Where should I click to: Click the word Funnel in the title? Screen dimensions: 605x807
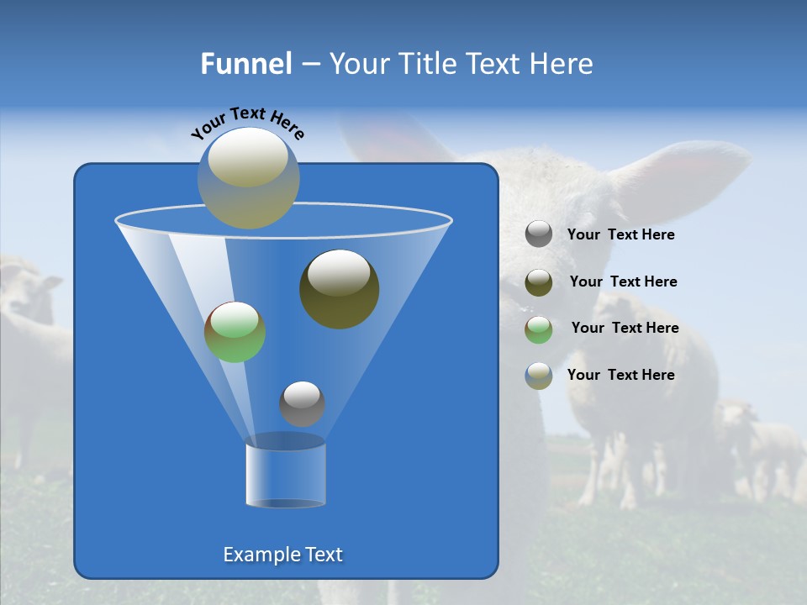[x=245, y=64]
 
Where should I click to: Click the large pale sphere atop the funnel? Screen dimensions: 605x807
[x=248, y=178]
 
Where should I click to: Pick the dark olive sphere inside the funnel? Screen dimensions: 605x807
[x=340, y=289]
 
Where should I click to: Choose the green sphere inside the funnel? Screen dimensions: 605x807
[x=235, y=332]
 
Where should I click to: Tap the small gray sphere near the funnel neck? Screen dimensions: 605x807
[x=302, y=403]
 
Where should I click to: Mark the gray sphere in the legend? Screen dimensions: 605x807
[x=539, y=234]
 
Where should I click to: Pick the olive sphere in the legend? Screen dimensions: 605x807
[x=539, y=282]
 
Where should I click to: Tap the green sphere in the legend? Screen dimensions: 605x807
[x=539, y=329]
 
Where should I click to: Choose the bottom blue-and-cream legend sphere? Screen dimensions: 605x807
[x=539, y=376]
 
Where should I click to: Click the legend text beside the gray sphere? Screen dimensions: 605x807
[x=620, y=235]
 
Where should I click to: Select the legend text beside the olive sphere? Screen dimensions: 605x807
[x=623, y=281]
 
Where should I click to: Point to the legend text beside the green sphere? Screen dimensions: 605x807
[x=625, y=328]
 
